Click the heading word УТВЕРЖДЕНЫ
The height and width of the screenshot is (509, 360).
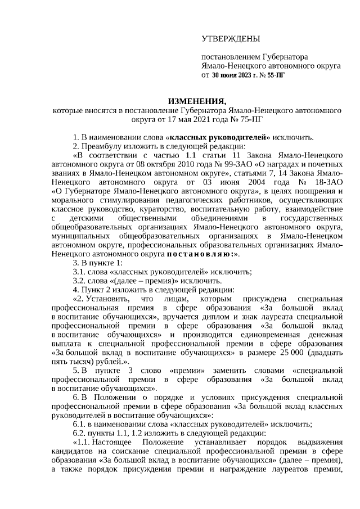[x=231, y=39]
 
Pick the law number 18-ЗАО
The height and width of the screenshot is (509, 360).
[x=327, y=182]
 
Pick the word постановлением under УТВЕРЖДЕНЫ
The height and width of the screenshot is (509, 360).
[x=231, y=57]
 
